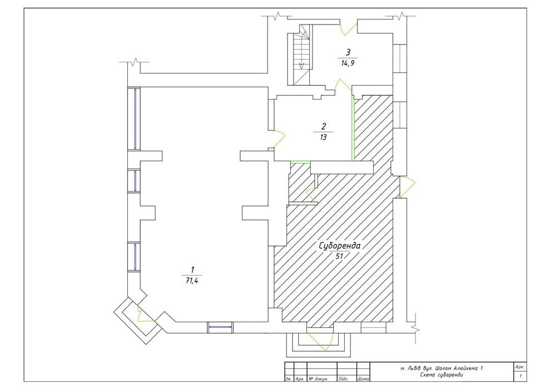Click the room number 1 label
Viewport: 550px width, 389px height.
point(192,270)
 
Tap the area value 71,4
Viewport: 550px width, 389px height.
point(192,280)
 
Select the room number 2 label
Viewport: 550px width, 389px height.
point(324,126)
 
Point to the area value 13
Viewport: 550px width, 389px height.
point(323,137)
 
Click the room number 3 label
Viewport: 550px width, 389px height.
point(348,52)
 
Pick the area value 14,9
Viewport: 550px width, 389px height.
point(348,63)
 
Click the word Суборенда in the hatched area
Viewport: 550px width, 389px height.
point(340,246)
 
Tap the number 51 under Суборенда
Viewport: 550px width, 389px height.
point(339,257)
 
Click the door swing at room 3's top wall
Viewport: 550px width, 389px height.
point(349,28)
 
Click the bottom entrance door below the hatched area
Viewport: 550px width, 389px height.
point(320,340)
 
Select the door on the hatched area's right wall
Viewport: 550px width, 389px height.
point(408,187)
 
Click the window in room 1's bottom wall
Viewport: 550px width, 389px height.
point(220,327)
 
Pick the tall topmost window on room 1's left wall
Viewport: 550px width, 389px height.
point(134,119)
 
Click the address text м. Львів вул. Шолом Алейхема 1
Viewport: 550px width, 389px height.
point(442,368)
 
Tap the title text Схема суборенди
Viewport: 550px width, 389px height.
point(441,375)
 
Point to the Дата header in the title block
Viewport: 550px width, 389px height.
point(363,379)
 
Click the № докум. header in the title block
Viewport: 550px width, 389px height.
point(319,379)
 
